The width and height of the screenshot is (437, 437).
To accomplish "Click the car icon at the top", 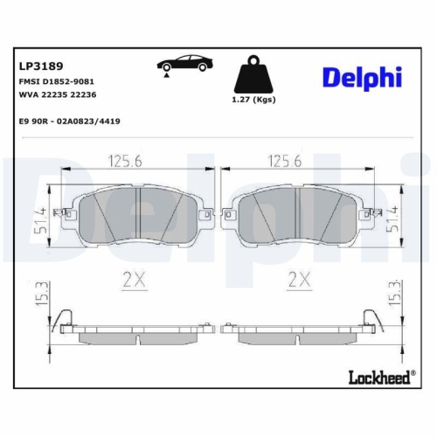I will click(x=184, y=66).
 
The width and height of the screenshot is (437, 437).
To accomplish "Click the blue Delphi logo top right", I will click(x=362, y=78).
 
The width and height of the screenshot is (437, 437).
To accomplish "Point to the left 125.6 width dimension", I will click(x=125, y=160).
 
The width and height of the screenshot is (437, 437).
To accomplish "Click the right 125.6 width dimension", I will click(x=284, y=160).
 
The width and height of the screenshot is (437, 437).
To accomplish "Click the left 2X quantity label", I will click(x=134, y=280).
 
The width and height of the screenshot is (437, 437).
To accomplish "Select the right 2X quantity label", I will click(x=299, y=280).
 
